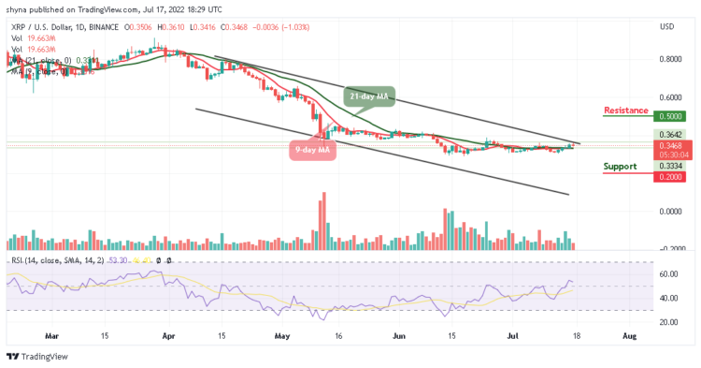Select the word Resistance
[626, 110]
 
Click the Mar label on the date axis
[52, 333]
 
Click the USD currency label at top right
[666, 26]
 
